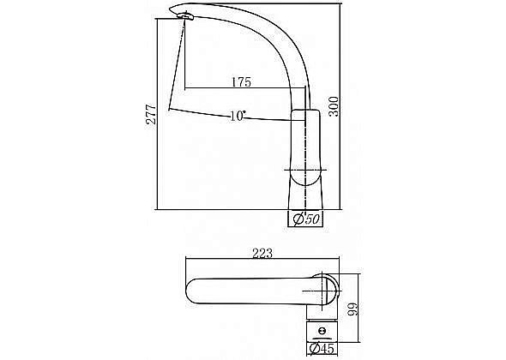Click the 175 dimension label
[241, 82]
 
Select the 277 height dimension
[151, 114]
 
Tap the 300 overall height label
[334, 106]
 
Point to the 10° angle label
[238, 116]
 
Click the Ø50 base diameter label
[306, 219]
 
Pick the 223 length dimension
[262, 253]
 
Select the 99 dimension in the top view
[352, 309]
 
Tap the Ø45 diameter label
[322, 349]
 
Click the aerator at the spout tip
[185, 15]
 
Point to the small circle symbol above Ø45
[322, 331]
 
